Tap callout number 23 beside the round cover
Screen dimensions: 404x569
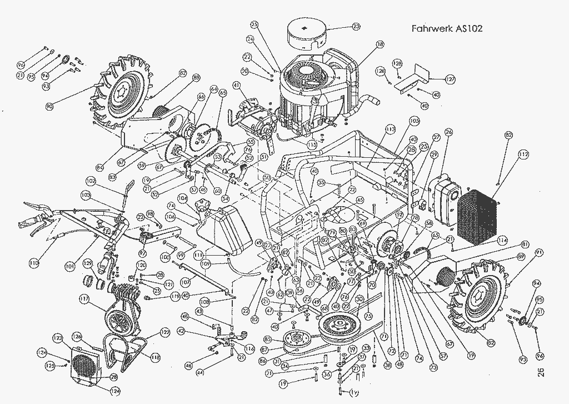click(x=356, y=26)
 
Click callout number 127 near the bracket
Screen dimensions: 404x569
click(x=450, y=80)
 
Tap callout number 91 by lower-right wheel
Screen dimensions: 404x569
click(x=538, y=253)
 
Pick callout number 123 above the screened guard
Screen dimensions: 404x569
click(x=58, y=338)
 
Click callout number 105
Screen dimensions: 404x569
click(x=414, y=120)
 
